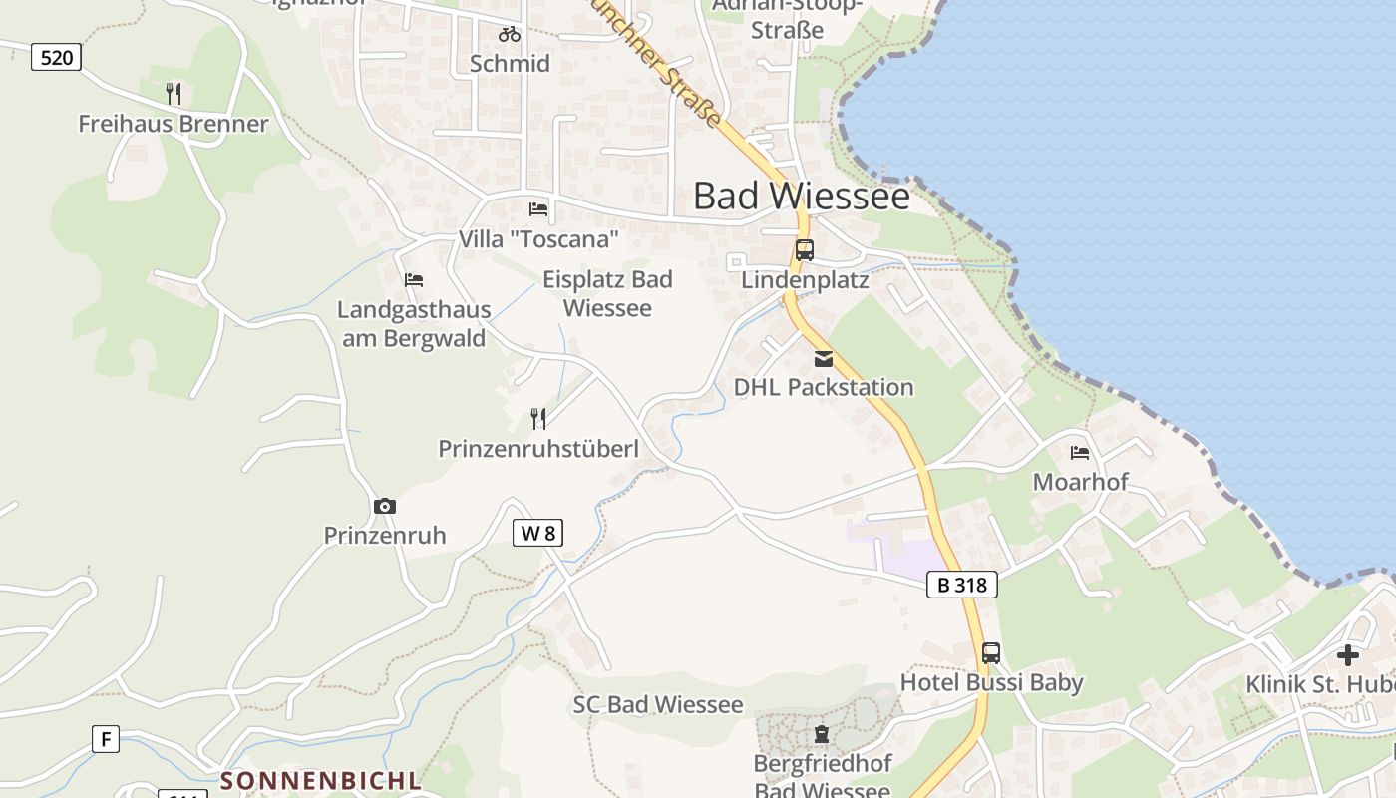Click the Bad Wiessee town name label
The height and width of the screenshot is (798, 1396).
(x=801, y=196)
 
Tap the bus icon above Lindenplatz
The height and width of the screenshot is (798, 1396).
(x=804, y=250)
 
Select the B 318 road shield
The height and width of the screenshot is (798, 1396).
(x=962, y=585)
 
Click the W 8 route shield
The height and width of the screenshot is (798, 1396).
(x=537, y=533)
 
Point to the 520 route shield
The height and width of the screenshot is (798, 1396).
(x=56, y=57)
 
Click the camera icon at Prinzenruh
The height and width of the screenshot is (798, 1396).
(x=385, y=507)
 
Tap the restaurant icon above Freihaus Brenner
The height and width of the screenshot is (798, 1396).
(x=174, y=94)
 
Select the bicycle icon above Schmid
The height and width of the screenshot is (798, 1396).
(x=510, y=34)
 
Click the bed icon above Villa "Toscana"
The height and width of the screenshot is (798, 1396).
(x=538, y=209)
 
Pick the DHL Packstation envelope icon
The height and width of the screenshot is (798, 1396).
(x=824, y=359)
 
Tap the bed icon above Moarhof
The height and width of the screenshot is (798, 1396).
(x=1080, y=453)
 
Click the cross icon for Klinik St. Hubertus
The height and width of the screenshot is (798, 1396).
(x=1348, y=655)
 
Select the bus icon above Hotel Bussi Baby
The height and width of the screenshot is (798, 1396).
(x=990, y=653)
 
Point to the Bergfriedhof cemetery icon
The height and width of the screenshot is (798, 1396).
(x=821, y=735)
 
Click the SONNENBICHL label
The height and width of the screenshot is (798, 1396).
(x=321, y=779)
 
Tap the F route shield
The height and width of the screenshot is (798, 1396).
(x=105, y=739)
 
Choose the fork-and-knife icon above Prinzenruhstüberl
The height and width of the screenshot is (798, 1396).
(x=538, y=419)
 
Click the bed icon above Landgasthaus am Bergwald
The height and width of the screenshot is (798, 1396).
(x=414, y=281)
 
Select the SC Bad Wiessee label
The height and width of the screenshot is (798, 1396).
(x=658, y=704)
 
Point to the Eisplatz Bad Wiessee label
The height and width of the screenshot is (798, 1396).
(x=607, y=293)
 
